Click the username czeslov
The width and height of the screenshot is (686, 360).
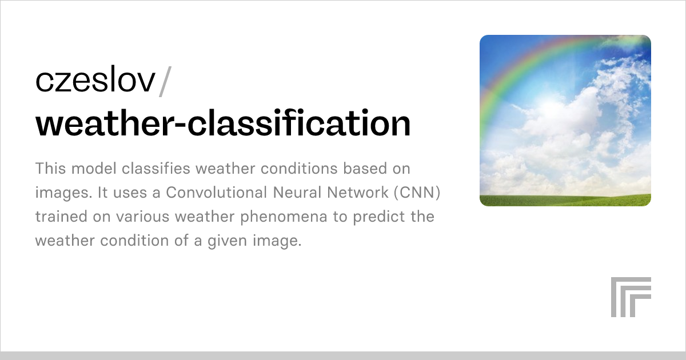point(95,81)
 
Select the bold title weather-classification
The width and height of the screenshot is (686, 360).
point(223,124)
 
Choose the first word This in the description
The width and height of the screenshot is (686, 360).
point(50,169)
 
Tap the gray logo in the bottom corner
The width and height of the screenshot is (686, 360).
point(631,297)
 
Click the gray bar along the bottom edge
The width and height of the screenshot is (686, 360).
point(343,355)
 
